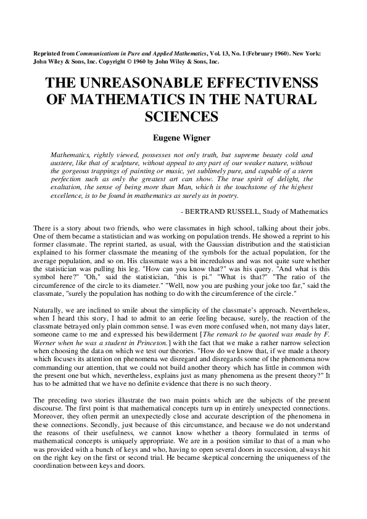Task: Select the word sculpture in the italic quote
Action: coord(117,163)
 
